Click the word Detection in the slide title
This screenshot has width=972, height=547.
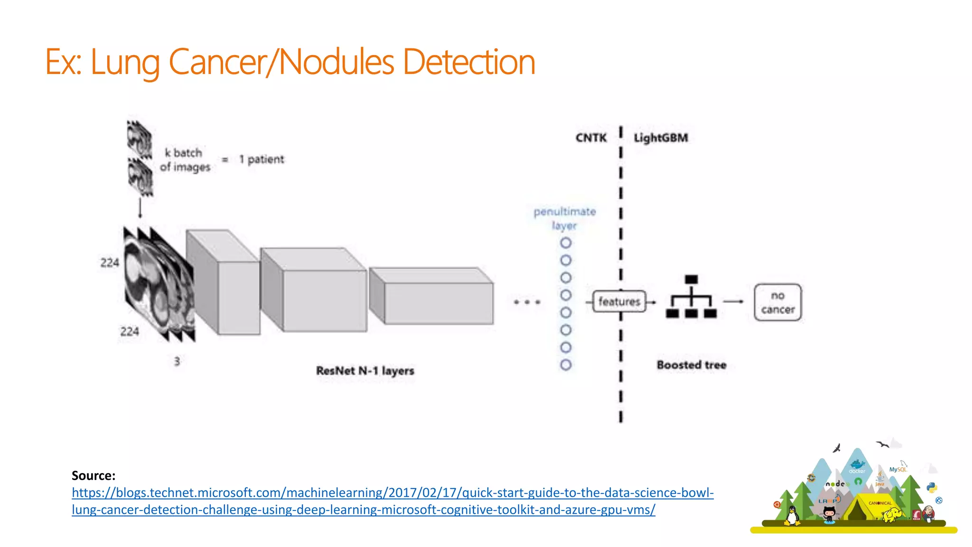[468, 62]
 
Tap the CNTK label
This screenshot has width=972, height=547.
[591, 138]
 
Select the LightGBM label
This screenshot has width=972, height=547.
[661, 138]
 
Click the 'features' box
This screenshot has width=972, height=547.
[619, 302]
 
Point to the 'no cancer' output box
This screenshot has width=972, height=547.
[777, 302]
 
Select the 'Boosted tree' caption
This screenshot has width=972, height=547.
[692, 365]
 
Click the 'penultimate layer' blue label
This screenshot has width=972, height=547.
[564, 218]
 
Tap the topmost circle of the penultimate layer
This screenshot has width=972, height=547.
[566, 243]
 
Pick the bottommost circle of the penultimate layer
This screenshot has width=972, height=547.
[566, 365]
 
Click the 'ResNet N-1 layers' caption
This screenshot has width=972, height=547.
[365, 371]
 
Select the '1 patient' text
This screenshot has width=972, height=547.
[262, 160]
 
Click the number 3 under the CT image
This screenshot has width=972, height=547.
[177, 361]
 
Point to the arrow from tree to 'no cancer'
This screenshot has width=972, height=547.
[733, 302]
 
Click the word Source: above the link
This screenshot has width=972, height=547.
[93, 475]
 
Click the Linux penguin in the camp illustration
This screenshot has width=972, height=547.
[791, 516]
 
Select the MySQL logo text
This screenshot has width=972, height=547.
[897, 469]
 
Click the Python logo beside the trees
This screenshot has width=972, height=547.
[932, 488]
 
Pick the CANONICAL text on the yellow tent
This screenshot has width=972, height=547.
[880, 503]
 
